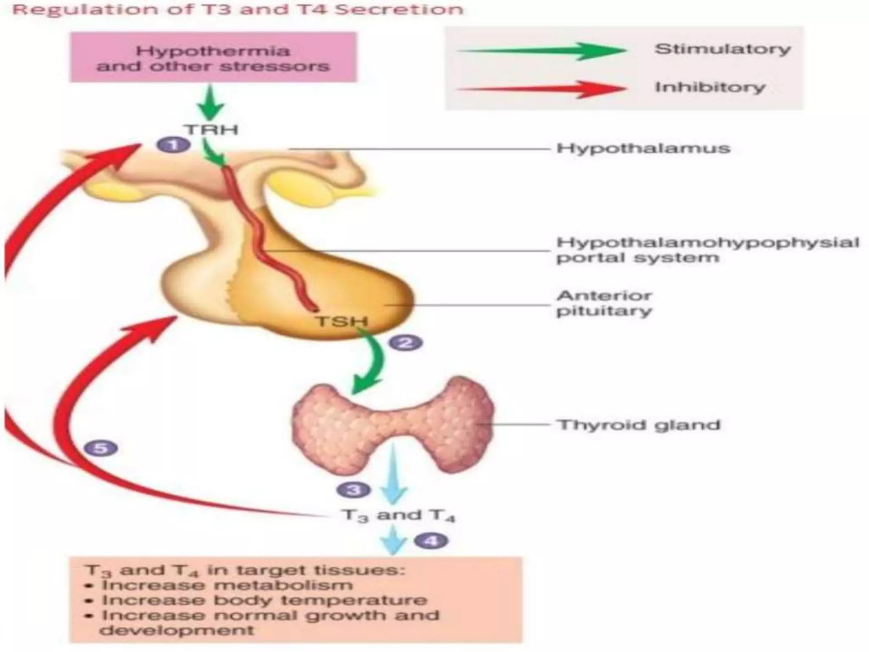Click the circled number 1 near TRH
point(173,145)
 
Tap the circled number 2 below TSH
point(406,343)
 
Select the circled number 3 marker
point(353,490)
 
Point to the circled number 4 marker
point(431,540)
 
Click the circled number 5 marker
point(101,448)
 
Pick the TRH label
point(211,129)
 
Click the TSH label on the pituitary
point(341,321)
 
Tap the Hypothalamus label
point(643,149)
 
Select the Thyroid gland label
point(639,425)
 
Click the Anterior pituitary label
point(604,303)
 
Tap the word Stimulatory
point(722,49)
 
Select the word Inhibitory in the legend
point(709,87)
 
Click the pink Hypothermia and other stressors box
point(213,58)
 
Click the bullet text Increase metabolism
point(227,585)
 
